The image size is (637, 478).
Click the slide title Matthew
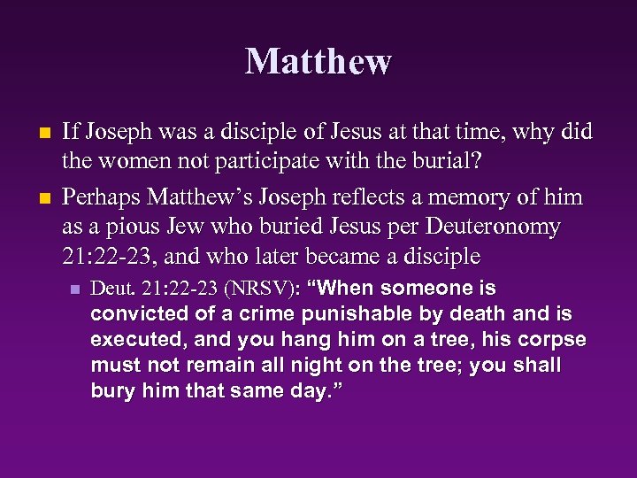[x=318, y=62]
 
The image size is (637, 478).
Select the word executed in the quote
[x=133, y=340]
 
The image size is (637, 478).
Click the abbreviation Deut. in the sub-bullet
[x=112, y=289]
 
